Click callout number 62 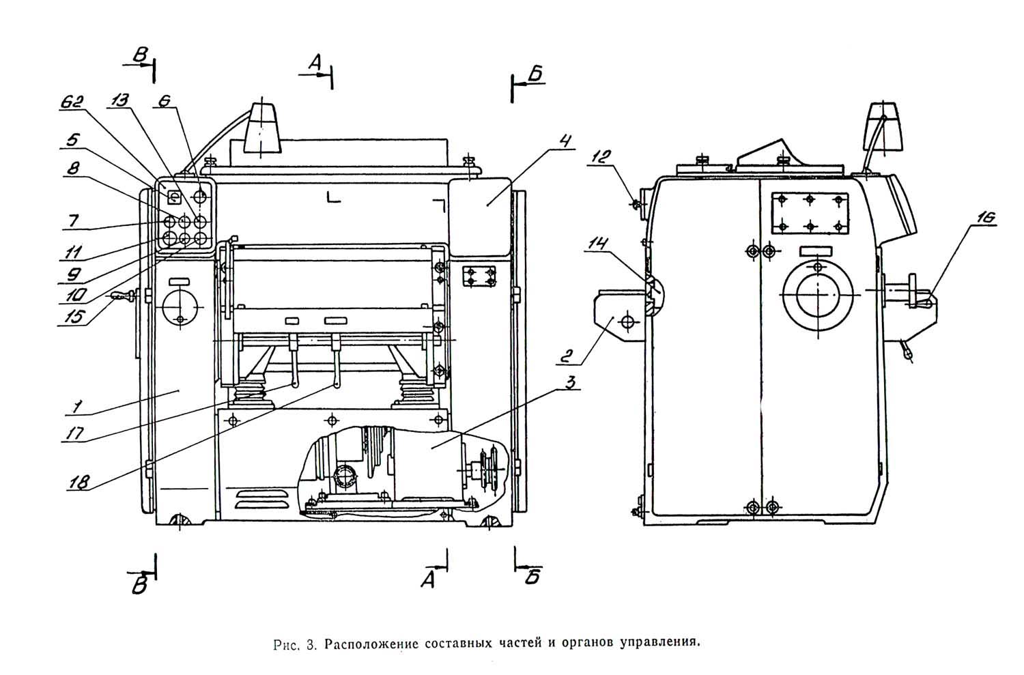point(71,102)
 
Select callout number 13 point(118,100)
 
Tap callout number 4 point(565,141)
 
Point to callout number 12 point(599,157)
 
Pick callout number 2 point(565,356)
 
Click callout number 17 point(73,433)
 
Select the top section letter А point(315,62)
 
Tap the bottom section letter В point(139,585)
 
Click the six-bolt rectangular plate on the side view point(810,214)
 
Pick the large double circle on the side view point(817,295)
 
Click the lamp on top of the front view point(261,128)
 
